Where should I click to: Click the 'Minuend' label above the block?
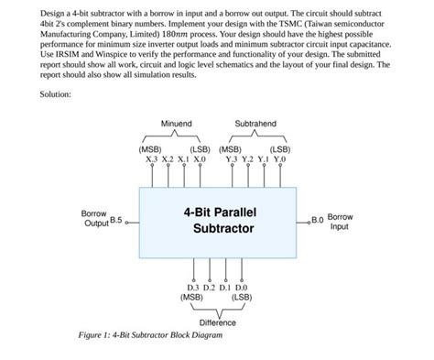(176, 123)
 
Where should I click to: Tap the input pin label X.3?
(153, 158)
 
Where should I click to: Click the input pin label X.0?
(199, 158)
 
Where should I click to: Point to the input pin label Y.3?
(233, 158)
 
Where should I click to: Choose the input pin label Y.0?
(279, 158)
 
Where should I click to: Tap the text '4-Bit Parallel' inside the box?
(218, 209)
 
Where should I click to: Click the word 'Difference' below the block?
(218, 322)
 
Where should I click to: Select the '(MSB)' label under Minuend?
(151, 148)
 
